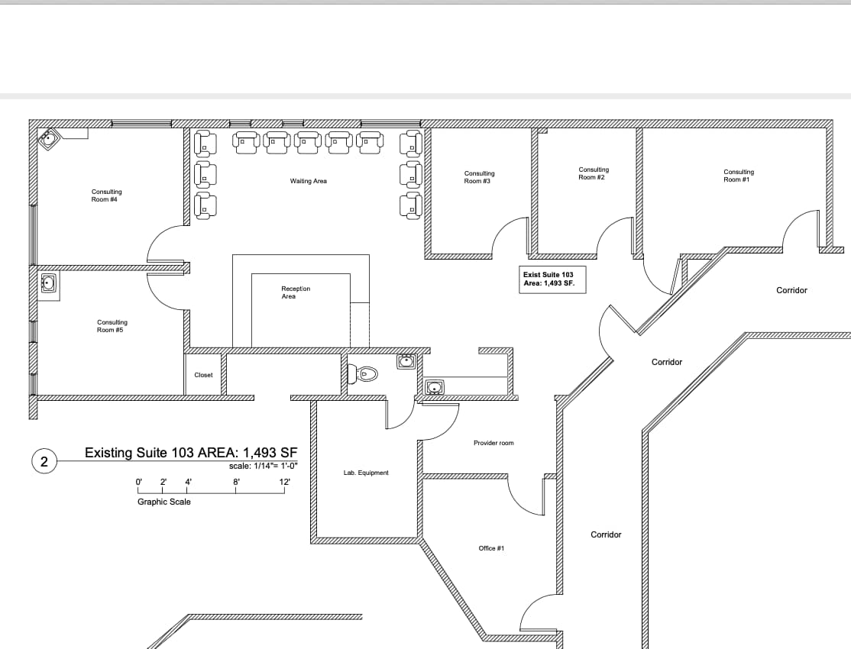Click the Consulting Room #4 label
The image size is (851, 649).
[106, 195]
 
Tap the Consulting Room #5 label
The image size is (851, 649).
[112, 326]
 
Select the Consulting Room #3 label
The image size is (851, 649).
[479, 177]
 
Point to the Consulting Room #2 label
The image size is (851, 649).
[594, 173]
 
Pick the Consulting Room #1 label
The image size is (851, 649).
[738, 176]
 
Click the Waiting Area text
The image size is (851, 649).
[308, 181]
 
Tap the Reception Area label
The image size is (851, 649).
[296, 292]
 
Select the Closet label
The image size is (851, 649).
[203, 375]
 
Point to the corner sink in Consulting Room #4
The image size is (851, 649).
[50, 140]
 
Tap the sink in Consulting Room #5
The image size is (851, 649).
[49, 284]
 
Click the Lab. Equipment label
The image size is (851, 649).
[366, 473]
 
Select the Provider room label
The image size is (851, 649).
[493, 443]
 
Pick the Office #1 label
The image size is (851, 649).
[491, 548]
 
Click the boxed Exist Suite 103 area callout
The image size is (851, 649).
[548, 279]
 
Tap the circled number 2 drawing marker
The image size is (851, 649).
[44, 462]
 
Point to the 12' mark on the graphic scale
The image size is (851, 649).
[285, 482]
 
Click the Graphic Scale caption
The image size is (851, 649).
[164, 502]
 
